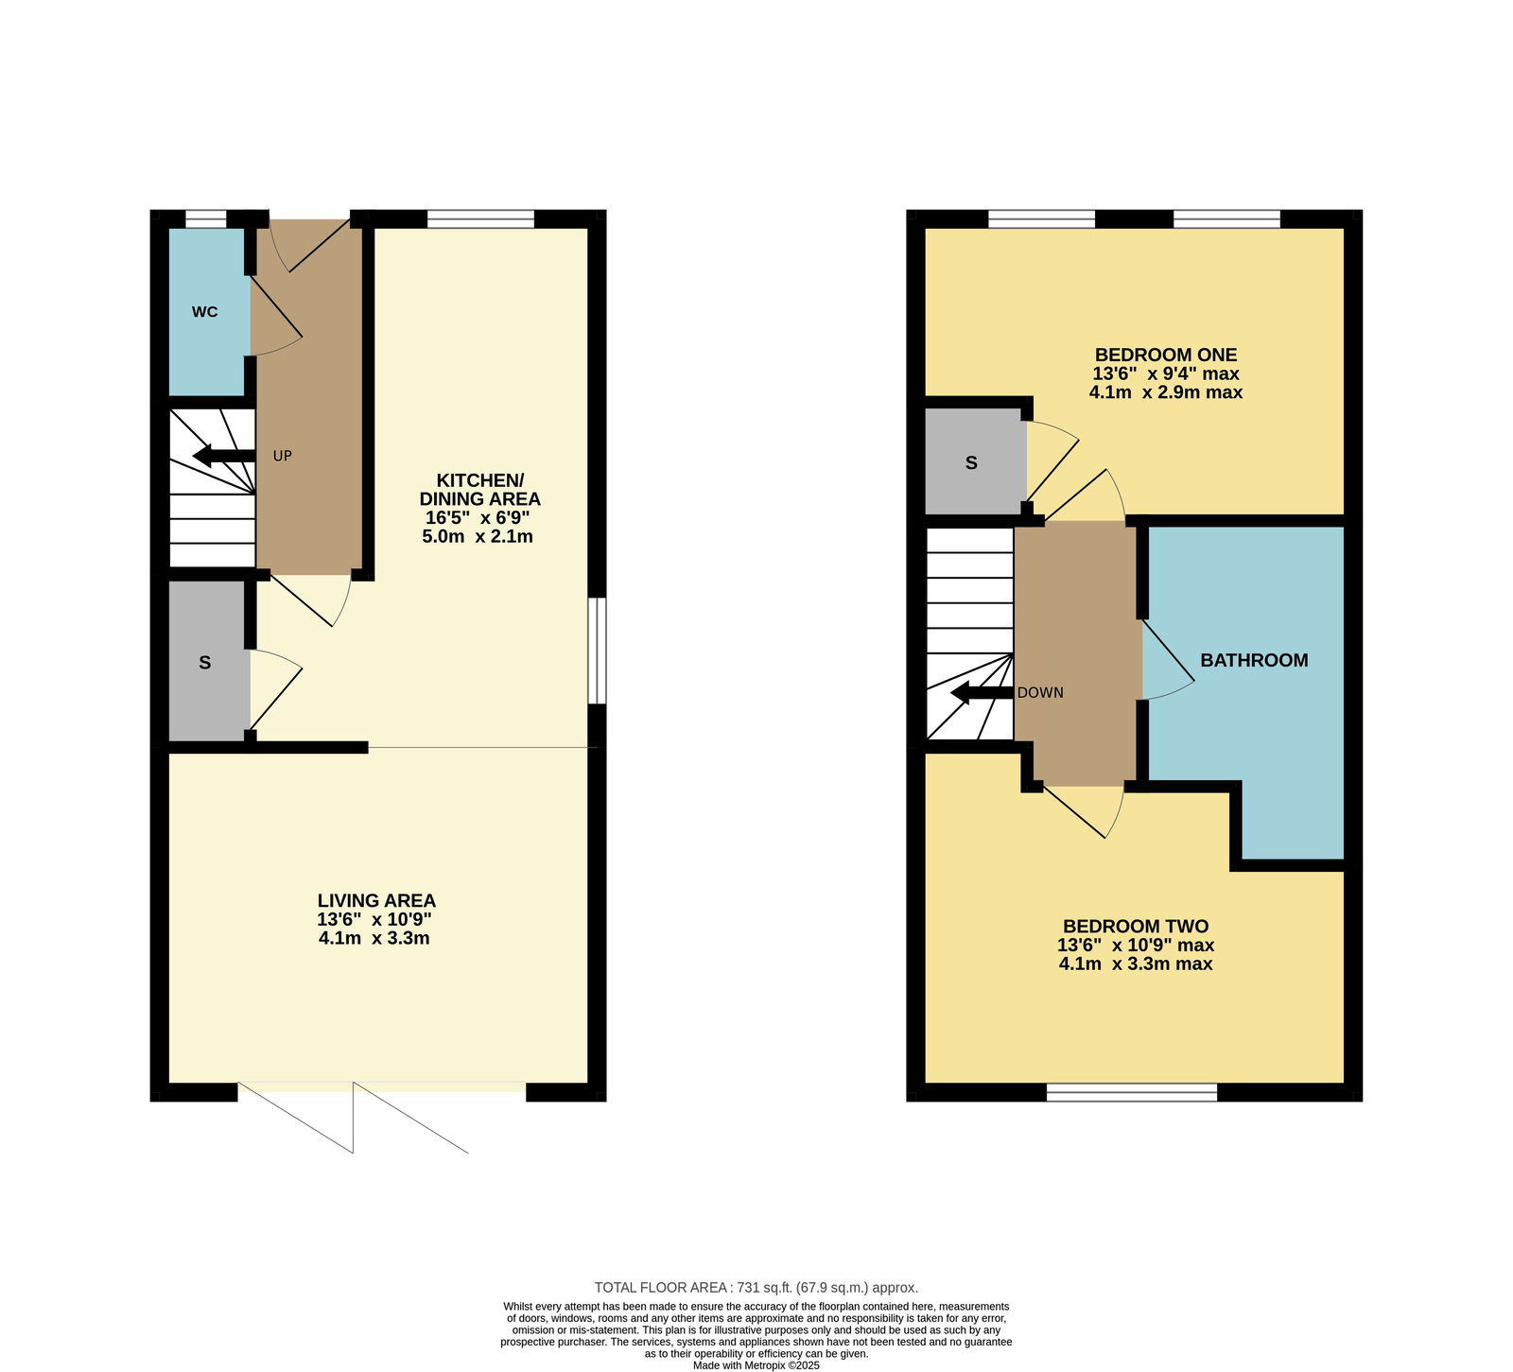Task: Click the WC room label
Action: tap(204, 312)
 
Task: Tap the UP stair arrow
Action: tap(224, 456)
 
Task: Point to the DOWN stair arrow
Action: tap(982, 693)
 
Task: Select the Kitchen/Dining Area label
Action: tap(479, 489)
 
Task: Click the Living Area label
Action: tap(376, 901)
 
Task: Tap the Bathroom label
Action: tap(1254, 660)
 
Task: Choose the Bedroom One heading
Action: tap(1165, 355)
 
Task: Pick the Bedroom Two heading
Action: tap(1135, 927)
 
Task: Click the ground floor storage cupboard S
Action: tap(205, 663)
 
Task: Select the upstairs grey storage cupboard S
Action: tap(971, 462)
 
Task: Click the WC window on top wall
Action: tap(206, 219)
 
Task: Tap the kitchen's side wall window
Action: tap(597, 650)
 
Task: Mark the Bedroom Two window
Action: tap(1132, 1093)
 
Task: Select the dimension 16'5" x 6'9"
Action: tap(478, 518)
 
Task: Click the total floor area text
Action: tap(756, 1287)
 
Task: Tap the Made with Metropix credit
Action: tap(756, 1365)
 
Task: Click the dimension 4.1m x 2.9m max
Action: tap(1165, 392)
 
